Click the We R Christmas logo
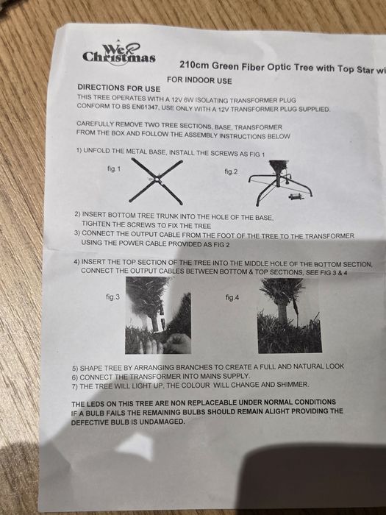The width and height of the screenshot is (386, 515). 119,53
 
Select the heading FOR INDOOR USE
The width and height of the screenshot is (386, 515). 199,80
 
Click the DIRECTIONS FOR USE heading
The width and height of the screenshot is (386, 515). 119,88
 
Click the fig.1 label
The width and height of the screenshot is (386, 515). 114,168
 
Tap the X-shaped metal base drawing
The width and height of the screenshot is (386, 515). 156,181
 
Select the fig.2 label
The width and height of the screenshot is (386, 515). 231,171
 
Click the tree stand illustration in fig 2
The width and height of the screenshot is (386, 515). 280,182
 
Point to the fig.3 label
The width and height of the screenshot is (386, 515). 112,297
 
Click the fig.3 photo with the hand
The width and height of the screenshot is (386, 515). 158,316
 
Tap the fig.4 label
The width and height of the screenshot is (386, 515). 232,297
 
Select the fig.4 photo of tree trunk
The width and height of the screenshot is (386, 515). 290,316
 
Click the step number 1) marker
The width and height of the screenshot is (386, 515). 79,150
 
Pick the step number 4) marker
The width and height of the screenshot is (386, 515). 76,262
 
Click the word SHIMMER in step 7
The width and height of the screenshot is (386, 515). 293,384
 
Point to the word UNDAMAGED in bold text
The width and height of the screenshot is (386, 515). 162,422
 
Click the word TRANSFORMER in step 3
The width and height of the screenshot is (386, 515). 329,236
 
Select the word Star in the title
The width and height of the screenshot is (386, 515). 365,69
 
